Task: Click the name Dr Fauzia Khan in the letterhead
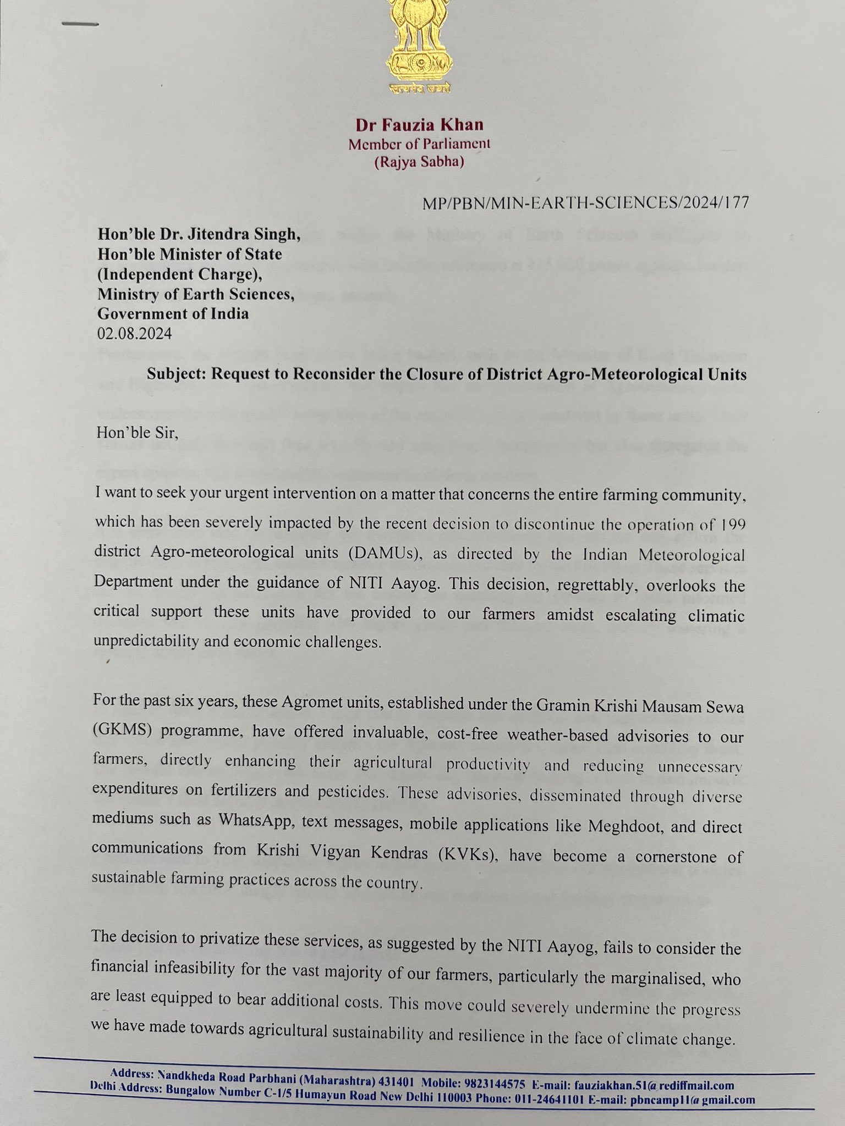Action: tap(419, 125)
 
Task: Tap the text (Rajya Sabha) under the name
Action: tap(419, 163)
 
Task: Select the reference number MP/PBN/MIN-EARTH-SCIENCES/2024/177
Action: tap(585, 203)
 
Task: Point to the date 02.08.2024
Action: tap(135, 334)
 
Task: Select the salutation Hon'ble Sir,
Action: tap(138, 433)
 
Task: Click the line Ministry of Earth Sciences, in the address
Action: tap(196, 294)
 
